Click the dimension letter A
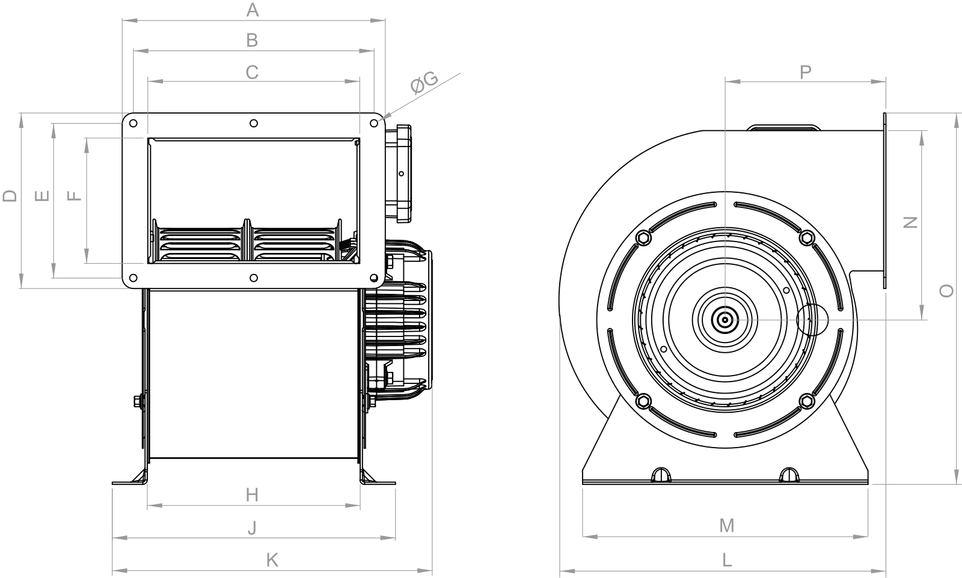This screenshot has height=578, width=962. (253, 10)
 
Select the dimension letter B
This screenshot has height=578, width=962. (252, 40)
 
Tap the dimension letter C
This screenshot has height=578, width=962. (252, 73)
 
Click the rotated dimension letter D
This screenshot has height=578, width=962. (10, 196)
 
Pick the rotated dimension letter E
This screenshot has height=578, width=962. (42, 196)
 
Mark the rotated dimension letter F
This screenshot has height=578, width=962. (75, 196)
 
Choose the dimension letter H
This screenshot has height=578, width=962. (252, 495)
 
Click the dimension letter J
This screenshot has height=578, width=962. (253, 528)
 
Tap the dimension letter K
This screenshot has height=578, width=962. (272, 560)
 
